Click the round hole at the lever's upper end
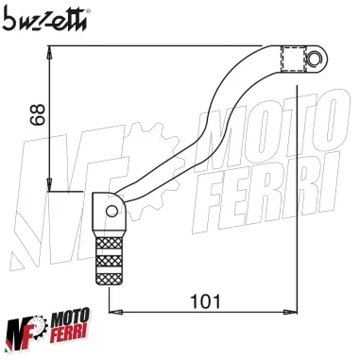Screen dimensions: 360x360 pos(315,60)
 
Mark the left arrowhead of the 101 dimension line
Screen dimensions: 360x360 pos(115,312)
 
